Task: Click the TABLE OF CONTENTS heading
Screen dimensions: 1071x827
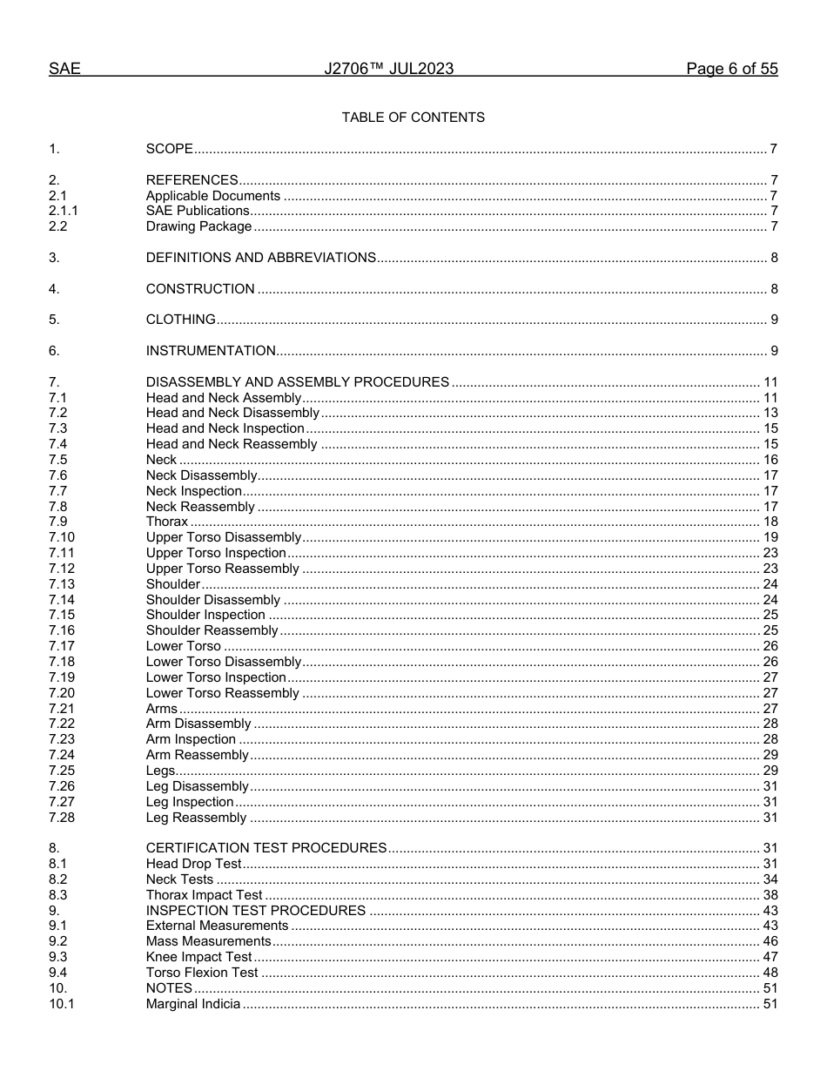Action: (x=413, y=118)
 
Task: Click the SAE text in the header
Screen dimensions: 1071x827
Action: (x=64, y=70)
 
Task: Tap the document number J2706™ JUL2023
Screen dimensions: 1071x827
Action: (x=388, y=70)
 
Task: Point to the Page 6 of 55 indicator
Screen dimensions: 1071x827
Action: (x=731, y=70)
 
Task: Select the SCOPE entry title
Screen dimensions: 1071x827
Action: (x=169, y=149)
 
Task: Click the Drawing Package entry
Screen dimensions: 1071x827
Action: (x=198, y=227)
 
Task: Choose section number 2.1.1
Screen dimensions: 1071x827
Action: (x=64, y=212)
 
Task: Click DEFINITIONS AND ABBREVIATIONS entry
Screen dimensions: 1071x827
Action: (x=260, y=258)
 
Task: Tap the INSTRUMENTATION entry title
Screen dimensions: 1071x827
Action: (x=211, y=351)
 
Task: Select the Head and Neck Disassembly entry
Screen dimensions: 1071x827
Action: (x=232, y=413)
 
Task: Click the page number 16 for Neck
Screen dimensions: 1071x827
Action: (x=770, y=460)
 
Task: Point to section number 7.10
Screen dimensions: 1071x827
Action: (x=62, y=537)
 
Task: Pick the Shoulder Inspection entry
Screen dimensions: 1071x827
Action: (x=205, y=616)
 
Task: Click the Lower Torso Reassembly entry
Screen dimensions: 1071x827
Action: (x=222, y=693)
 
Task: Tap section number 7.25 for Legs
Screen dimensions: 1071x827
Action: (x=62, y=771)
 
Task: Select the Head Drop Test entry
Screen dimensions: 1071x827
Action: (x=193, y=864)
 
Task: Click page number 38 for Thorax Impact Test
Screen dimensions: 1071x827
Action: (x=770, y=895)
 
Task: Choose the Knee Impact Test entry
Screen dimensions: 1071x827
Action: (x=198, y=957)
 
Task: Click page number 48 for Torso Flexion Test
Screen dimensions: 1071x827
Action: (x=770, y=973)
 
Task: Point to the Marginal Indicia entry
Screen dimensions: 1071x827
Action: (x=192, y=1004)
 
